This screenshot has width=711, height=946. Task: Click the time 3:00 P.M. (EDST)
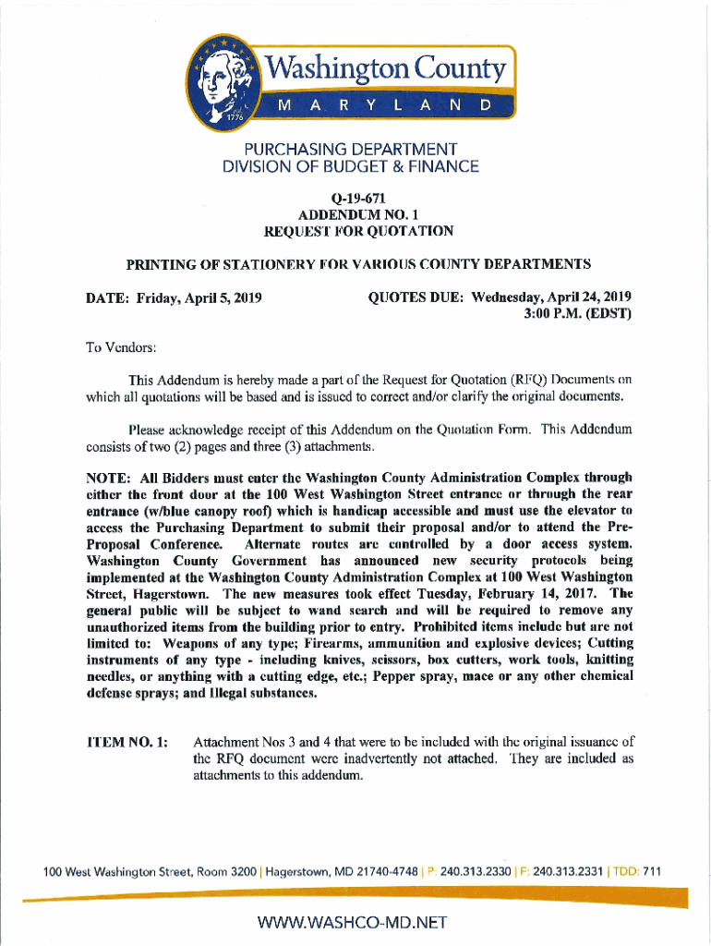579,313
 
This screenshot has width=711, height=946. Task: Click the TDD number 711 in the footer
652,871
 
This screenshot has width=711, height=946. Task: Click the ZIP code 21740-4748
375,871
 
